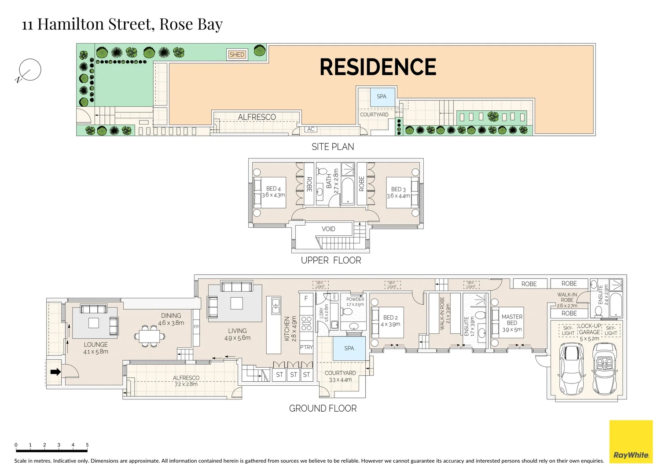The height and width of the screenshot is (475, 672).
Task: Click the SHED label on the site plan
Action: tap(237, 55)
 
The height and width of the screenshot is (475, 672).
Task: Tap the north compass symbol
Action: tap(29, 70)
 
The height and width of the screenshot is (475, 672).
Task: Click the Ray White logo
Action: tap(631, 442)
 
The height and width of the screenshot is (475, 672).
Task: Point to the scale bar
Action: tap(51, 450)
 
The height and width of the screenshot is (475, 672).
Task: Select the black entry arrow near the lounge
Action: tap(55, 372)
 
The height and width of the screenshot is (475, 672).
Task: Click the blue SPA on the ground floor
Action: tap(349, 348)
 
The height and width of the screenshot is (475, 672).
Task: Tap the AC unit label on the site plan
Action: tap(311, 129)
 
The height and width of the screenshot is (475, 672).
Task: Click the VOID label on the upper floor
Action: tap(328, 229)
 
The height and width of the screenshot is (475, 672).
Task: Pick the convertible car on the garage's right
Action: tap(607, 369)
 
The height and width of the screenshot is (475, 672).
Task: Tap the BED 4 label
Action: tap(273, 189)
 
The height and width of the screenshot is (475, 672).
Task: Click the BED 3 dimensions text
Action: tap(398, 196)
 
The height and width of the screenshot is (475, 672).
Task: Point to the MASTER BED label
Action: tap(512, 320)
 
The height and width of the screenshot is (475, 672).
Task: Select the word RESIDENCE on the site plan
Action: tap(378, 67)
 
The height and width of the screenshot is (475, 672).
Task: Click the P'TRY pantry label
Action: tap(306, 347)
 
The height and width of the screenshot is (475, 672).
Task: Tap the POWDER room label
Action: tap(355, 299)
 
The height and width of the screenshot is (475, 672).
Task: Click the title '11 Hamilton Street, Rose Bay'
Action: tap(122, 24)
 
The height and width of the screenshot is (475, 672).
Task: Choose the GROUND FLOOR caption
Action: tap(323, 409)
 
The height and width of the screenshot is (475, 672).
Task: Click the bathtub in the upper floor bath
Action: tap(348, 190)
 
